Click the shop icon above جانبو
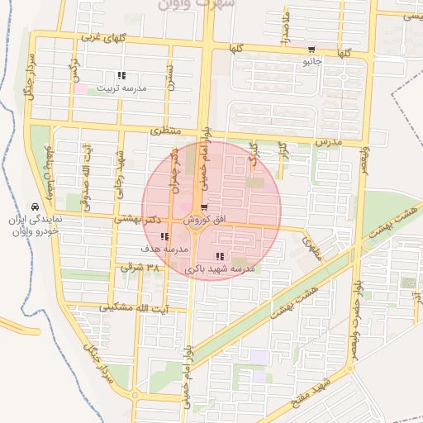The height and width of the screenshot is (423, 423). tap(311, 48)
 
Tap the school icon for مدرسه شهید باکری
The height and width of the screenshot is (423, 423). tap(219, 256)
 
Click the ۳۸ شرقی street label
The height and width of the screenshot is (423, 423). tap(132, 268)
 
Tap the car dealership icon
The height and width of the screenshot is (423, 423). tap(34, 207)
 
